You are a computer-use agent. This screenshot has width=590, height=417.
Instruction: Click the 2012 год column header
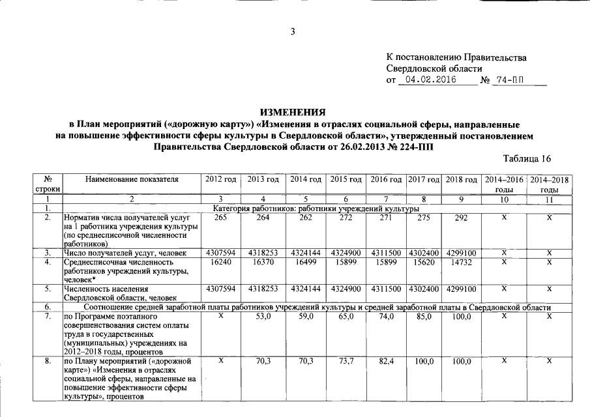point(220,179)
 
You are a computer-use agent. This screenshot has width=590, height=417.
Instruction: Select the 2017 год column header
point(424,179)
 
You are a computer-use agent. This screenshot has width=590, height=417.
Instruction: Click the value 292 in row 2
point(461,218)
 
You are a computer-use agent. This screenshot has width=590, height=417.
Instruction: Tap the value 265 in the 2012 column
point(220,218)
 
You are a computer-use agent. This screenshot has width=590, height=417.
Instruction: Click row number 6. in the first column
point(48,306)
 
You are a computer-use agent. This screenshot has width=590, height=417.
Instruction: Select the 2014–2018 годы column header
point(550,183)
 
